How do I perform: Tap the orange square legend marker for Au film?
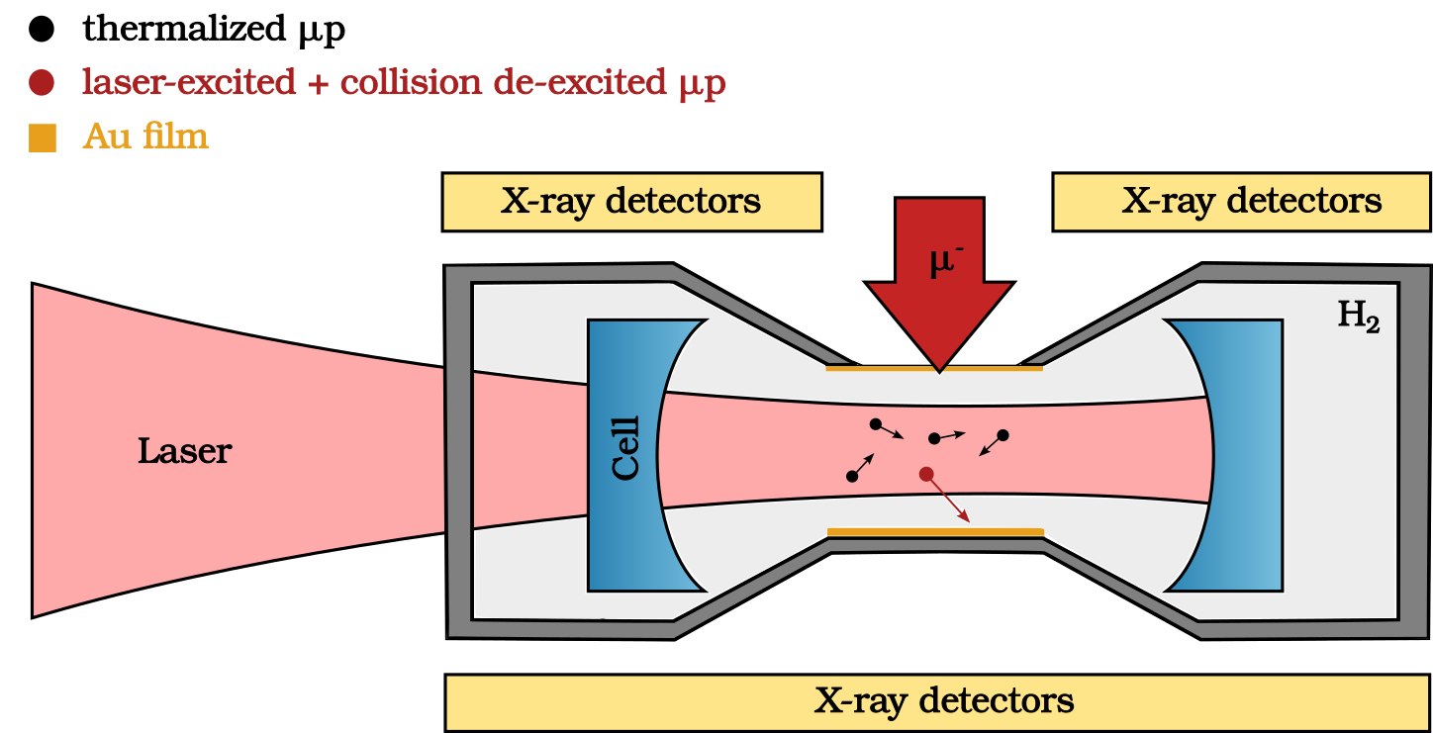[x=42, y=137]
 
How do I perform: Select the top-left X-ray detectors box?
[x=631, y=202]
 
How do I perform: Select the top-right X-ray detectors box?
[x=1241, y=202]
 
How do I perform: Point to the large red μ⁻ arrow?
[x=939, y=277]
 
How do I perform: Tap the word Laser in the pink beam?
[x=184, y=452]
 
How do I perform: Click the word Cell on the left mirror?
[x=626, y=448]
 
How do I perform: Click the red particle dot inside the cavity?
[x=926, y=474]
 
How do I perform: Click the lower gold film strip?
[x=935, y=532]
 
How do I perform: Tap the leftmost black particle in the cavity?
[x=852, y=477]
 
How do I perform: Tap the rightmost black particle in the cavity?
[x=1003, y=435]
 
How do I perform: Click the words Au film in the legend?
[x=145, y=137]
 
